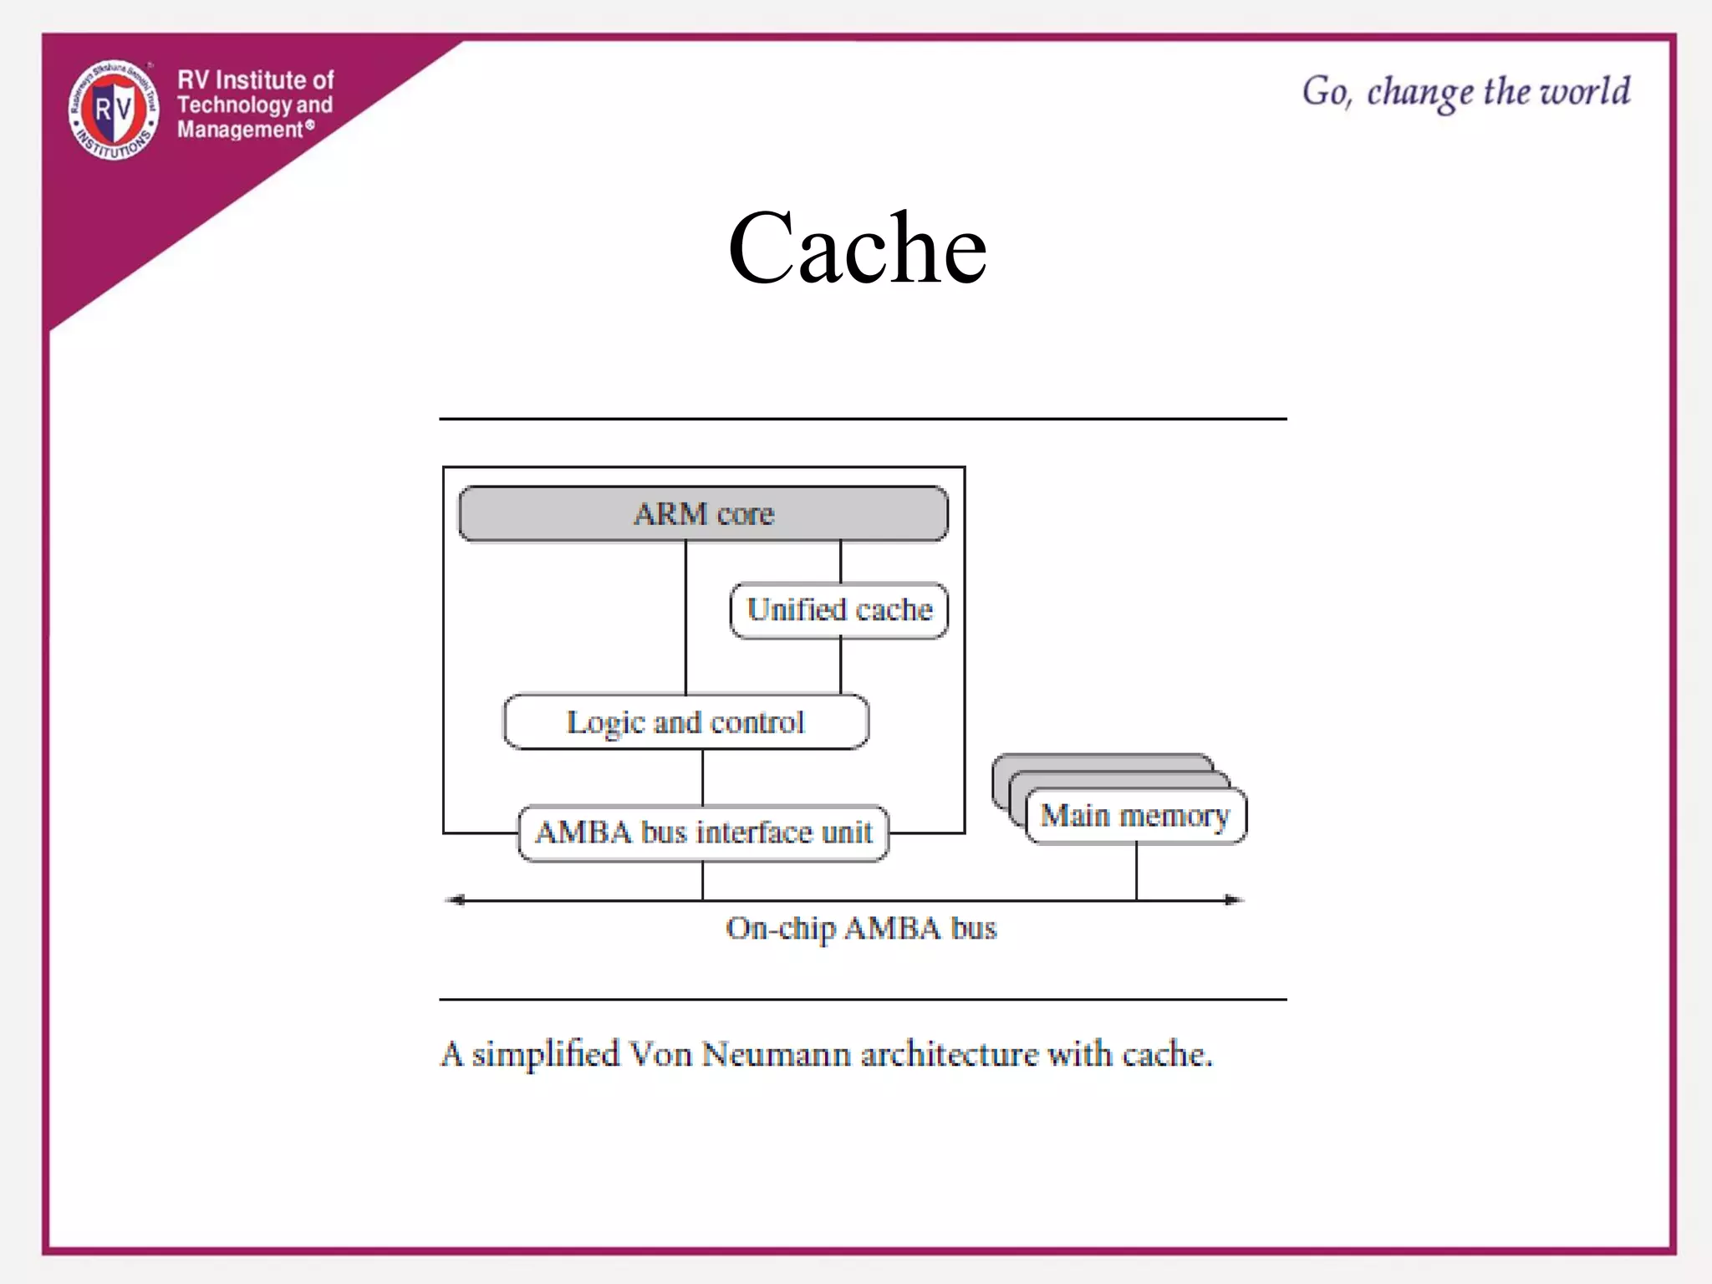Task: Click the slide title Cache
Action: click(x=857, y=248)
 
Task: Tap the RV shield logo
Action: click(x=113, y=110)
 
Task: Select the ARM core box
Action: click(x=703, y=513)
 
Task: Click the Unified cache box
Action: click(x=839, y=610)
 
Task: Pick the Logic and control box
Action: click(x=685, y=721)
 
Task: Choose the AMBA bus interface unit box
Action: click(x=703, y=833)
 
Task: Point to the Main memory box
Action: click(x=1135, y=815)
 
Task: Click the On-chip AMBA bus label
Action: click(x=861, y=929)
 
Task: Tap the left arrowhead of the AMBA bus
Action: click(x=456, y=900)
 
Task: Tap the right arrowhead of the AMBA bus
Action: click(x=1233, y=900)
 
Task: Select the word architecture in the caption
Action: click(x=949, y=1055)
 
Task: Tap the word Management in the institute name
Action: click(x=240, y=130)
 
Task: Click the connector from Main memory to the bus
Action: click(x=1136, y=872)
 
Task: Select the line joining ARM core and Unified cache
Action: click(x=840, y=562)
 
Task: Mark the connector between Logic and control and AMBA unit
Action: click(x=703, y=777)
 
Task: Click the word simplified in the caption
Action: click(x=545, y=1055)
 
